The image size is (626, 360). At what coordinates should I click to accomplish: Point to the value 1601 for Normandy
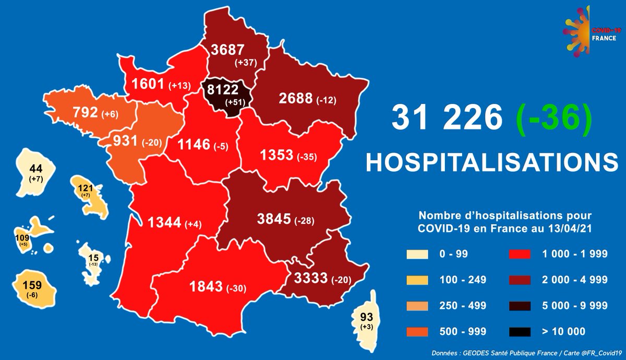(148, 85)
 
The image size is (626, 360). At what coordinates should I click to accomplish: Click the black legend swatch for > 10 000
(520, 331)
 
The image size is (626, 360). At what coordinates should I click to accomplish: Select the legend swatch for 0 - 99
(417, 255)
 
